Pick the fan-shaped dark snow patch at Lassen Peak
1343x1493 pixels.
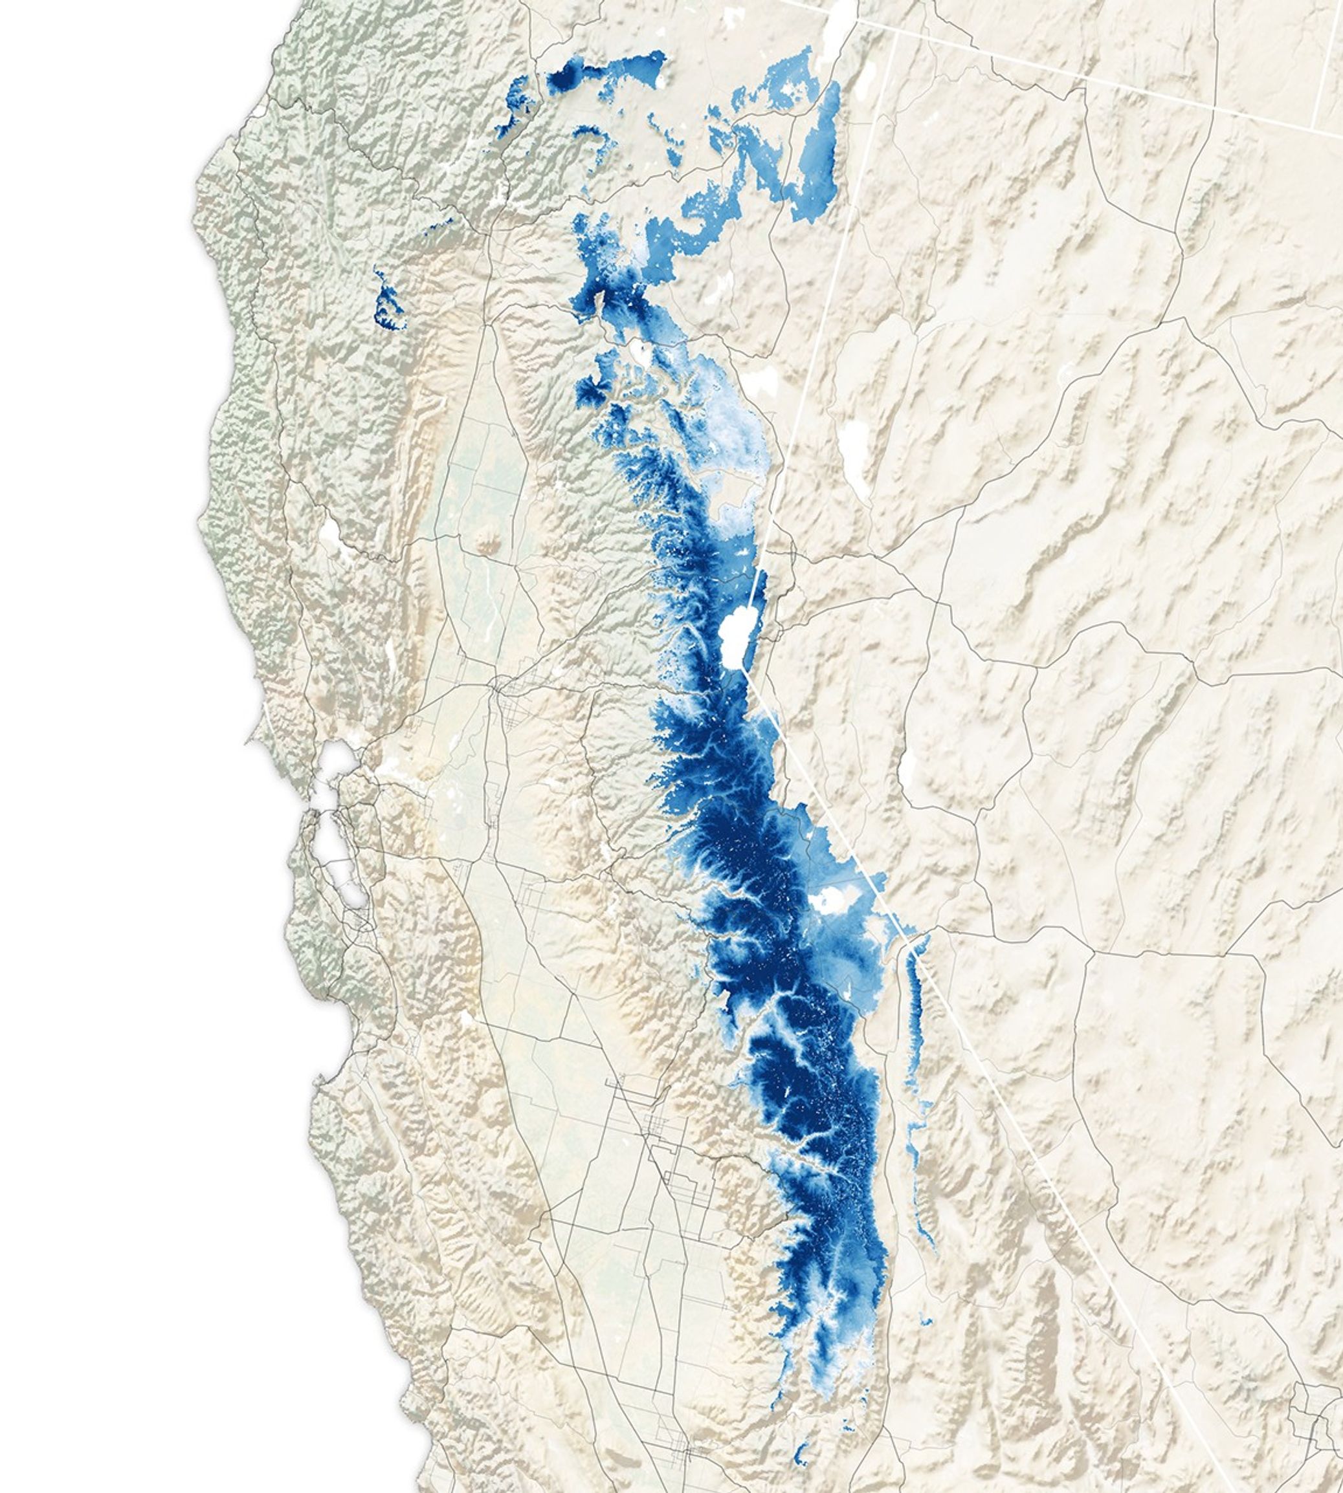point(591,390)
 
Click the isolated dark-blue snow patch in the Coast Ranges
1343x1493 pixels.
point(388,306)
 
